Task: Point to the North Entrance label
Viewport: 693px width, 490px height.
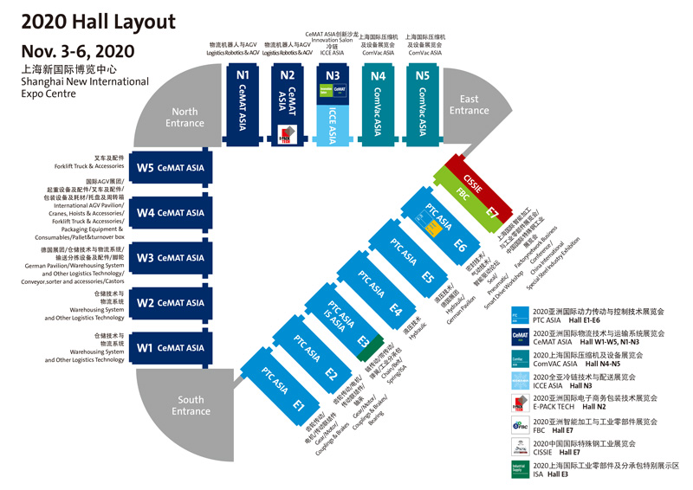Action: click(x=185, y=117)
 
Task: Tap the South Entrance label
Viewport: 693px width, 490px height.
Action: click(x=191, y=405)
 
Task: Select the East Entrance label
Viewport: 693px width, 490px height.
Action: click(x=469, y=105)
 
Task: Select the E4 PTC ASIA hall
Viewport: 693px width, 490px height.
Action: click(x=382, y=293)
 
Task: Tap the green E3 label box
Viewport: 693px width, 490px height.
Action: click(x=363, y=340)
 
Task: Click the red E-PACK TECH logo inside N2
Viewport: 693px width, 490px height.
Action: click(x=287, y=133)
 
